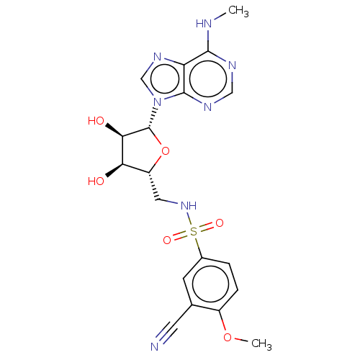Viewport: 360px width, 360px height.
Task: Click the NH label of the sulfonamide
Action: pos(189,206)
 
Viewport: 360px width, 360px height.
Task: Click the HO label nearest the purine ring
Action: pos(95,121)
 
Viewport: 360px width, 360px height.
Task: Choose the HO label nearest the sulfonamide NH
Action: pos(95,181)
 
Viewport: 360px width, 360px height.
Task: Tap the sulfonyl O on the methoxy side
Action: pos(219,223)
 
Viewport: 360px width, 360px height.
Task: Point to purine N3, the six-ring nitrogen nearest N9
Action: pos(207,108)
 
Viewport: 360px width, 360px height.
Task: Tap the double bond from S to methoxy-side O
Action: pos(207,228)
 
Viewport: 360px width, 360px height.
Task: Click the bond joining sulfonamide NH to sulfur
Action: pos(191,220)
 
